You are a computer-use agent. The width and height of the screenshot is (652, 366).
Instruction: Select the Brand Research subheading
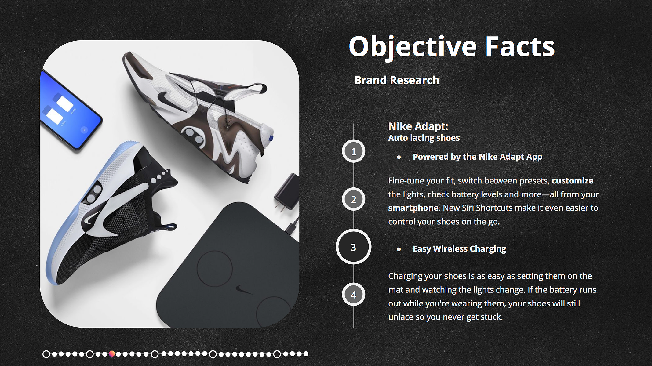click(x=397, y=80)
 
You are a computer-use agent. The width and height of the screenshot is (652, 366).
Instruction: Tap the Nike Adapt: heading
click(x=418, y=126)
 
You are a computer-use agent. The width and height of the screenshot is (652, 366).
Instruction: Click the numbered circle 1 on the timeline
click(x=354, y=151)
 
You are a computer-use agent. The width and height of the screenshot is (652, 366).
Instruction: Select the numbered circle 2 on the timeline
click(x=354, y=199)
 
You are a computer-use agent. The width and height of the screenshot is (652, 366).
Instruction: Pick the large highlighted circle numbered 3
click(x=354, y=247)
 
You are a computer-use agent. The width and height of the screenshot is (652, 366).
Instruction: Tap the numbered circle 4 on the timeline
click(x=354, y=295)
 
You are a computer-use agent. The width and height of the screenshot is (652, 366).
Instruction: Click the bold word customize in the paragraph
click(x=573, y=180)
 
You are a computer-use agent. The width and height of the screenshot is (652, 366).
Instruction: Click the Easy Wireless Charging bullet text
click(x=459, y=249)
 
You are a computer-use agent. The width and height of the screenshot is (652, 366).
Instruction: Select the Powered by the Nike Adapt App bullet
click(x=478, y=157)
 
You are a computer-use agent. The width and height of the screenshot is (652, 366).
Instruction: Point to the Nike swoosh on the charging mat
click(x=244, y=289)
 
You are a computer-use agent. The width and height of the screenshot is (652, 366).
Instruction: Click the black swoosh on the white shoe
click(x=167, y=98)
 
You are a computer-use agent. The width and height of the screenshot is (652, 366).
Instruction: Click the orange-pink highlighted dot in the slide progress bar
click(x=112, y=354)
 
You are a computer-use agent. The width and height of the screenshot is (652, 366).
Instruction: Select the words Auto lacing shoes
click(x=424, y=138)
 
